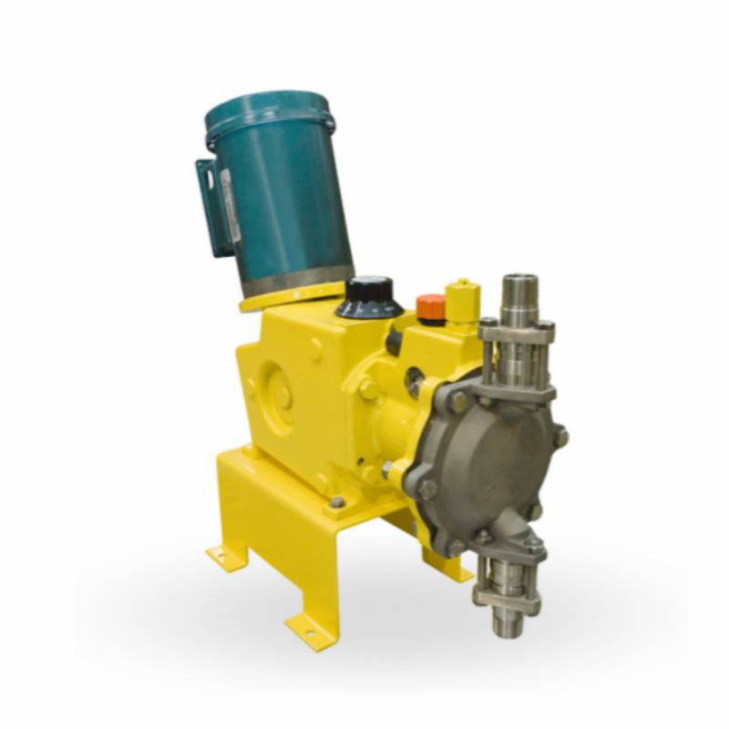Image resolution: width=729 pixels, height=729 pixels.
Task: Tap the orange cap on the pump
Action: click(x=431, y=306)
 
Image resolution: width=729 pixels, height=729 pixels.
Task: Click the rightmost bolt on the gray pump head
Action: click(x=560, y=436)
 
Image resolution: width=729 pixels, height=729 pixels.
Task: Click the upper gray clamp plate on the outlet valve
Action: click(x=516, y=332)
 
